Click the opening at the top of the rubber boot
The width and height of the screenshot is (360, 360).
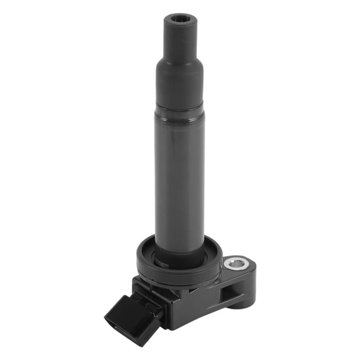(x=180, y=19)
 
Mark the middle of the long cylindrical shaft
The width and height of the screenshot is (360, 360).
(x=180, y=181)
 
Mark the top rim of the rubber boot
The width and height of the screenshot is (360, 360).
(x=180, y=14)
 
